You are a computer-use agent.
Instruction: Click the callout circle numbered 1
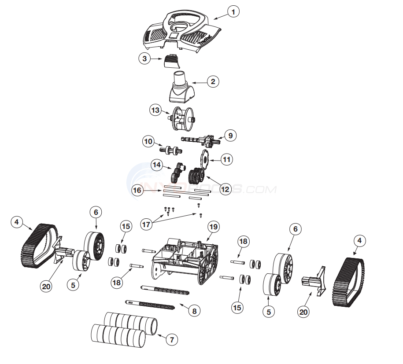tap(233, 12)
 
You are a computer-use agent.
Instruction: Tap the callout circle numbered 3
tap(144, 59)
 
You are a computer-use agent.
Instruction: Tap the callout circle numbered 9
tap(230, 136)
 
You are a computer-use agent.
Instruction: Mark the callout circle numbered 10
tap(148, 142)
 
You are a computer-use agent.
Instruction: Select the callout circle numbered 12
tap(225, 189)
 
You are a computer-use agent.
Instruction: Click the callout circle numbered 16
tap(137, 190)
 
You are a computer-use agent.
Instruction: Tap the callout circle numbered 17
tap(146, 224)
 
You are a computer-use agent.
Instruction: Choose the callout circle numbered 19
tap(213, 227)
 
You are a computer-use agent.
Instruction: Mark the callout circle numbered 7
tap(172, 339)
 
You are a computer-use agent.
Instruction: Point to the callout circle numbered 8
tap(192, 310)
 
